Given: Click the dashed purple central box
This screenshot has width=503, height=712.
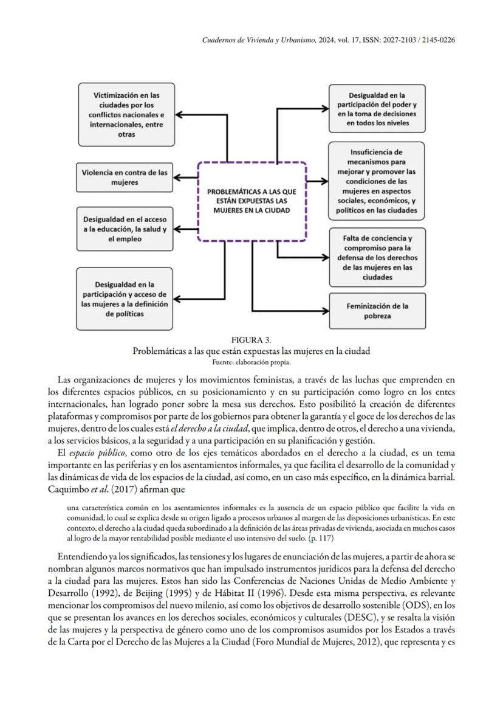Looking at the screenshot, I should click(252, 201).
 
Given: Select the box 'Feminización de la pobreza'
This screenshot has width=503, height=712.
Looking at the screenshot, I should click(377, 311).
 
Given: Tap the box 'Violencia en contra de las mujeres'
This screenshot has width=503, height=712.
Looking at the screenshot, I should click(124, 177).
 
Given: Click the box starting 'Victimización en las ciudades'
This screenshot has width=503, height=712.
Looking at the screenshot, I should click(126, 114).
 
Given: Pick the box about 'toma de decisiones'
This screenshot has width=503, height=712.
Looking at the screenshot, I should click(377, 109).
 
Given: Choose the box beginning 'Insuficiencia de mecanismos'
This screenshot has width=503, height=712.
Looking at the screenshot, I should click(377, 181).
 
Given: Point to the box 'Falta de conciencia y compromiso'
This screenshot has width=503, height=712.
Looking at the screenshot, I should click(377, 257).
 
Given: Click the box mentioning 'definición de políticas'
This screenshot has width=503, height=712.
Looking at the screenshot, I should click(124, 299).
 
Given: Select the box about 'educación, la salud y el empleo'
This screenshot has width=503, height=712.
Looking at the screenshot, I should click(124, 229).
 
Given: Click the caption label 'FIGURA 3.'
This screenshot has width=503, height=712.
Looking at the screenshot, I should click(251, 339).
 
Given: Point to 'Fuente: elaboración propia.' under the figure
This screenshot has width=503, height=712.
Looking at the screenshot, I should click(251, 362).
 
